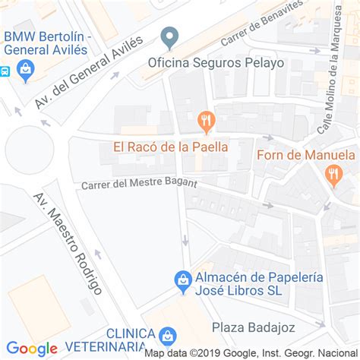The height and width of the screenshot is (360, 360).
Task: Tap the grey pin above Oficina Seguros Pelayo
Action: click(x=171, y=36)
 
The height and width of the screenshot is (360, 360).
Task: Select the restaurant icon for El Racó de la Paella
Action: click(x=205, y=121)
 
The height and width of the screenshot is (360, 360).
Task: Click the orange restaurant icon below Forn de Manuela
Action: click(x=333, y=176)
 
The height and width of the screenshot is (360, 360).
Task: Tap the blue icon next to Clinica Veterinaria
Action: click(x=168, y=335)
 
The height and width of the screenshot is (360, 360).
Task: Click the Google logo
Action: click(x=32, y=349)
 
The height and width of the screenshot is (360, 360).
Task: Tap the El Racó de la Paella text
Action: click(x=171, y=147)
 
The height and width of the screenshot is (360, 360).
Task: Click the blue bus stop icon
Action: click(x=4, y=71)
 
